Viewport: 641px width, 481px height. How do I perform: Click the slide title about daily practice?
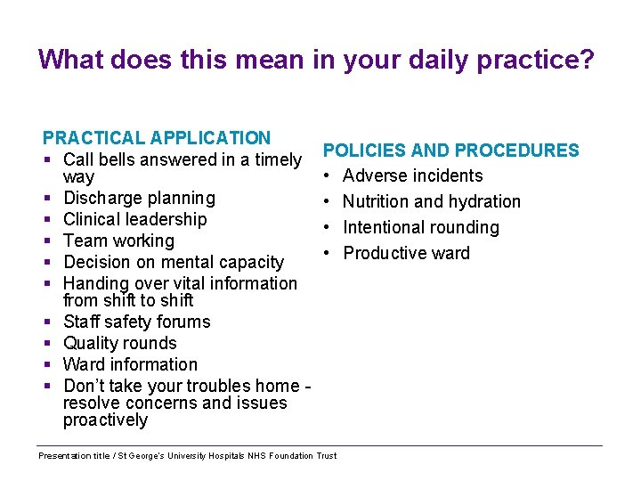coord(316,60)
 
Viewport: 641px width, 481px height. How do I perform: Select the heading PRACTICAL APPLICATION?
coord(157,138)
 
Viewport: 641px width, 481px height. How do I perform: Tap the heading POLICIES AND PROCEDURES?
coord(450,151)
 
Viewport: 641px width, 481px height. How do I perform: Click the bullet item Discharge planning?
coord(139,198)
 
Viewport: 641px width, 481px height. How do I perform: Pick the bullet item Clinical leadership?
coord(134,219)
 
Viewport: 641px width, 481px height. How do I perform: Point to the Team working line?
coord(118,240)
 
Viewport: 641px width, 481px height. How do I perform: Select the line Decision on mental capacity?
coord(174,262)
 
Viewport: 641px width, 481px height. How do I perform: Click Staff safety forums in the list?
coord(137,322)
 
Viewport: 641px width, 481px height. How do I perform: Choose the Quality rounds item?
coord(120,343)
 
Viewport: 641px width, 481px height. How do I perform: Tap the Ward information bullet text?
coord(131,364)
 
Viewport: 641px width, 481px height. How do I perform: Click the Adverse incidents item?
coord(412,176)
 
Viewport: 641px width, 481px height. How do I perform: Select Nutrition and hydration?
coord(432,202)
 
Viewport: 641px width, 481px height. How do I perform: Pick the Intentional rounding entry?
coord(421,228)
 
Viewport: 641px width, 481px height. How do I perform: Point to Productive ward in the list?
coord(406,254)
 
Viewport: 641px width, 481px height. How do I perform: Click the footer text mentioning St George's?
coord(188,456)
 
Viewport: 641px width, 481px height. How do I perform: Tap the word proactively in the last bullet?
coord(105,420)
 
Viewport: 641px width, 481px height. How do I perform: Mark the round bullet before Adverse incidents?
coord(328,176)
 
